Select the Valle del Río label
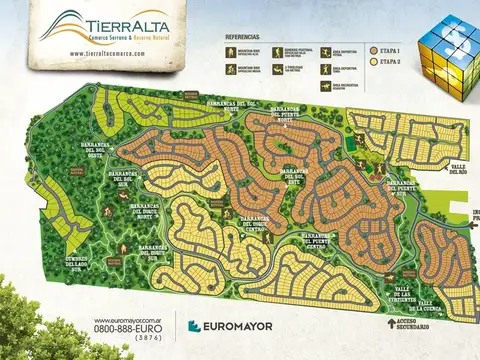click(459, 168)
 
